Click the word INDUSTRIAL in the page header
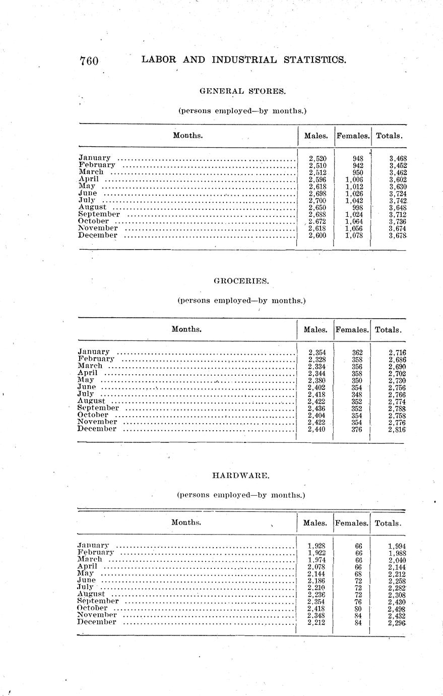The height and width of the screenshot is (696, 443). tap(244, 60)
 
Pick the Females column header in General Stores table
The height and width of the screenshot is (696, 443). tap(353, 136)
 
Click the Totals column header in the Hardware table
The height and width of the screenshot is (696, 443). tap(388, 523)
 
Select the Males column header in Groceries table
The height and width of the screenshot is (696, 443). tap(315, 330)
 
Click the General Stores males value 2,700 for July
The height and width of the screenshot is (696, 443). tap(318, 200)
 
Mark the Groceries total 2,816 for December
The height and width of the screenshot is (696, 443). tap(397, 429)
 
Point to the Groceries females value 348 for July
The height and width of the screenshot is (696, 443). tap(357, 394)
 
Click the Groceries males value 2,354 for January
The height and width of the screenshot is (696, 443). tap(317, 352)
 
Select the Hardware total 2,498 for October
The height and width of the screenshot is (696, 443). tap(397, 608)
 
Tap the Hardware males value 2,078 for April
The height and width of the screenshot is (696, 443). tap(317, 566)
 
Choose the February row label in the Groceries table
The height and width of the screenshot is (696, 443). tap(96, 359)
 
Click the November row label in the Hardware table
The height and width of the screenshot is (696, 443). tap(97, 615)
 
